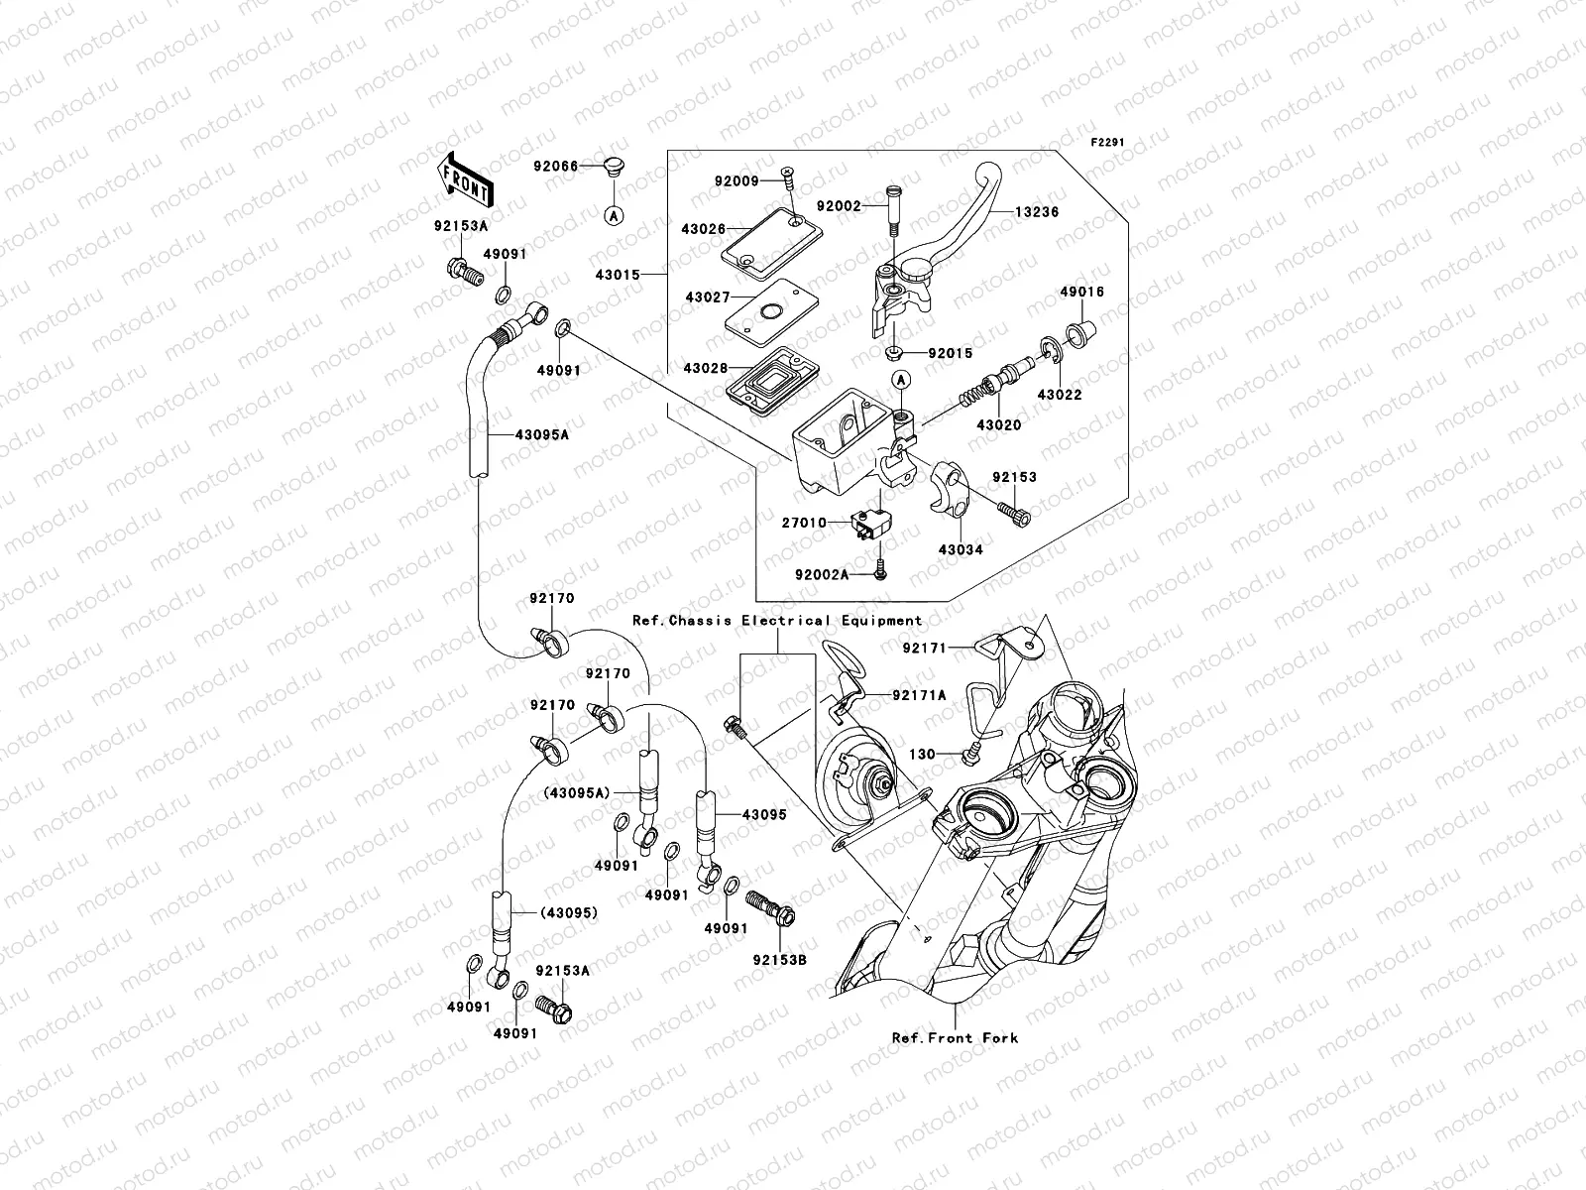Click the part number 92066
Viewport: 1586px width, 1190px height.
(554, 166)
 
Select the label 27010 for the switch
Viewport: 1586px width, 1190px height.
(803, 522)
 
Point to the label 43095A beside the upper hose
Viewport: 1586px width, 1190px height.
(541, 433)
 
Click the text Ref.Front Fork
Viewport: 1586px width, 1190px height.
(955, 1037)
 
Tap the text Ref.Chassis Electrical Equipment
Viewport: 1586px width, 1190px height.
(778, 620)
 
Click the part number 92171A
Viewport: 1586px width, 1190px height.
(919, 695)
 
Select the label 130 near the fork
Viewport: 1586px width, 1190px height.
(922, 755)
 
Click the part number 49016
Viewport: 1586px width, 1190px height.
(1081, 293)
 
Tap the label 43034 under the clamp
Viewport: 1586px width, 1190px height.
(961, 548)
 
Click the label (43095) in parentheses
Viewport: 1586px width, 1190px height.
(570, 912)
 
